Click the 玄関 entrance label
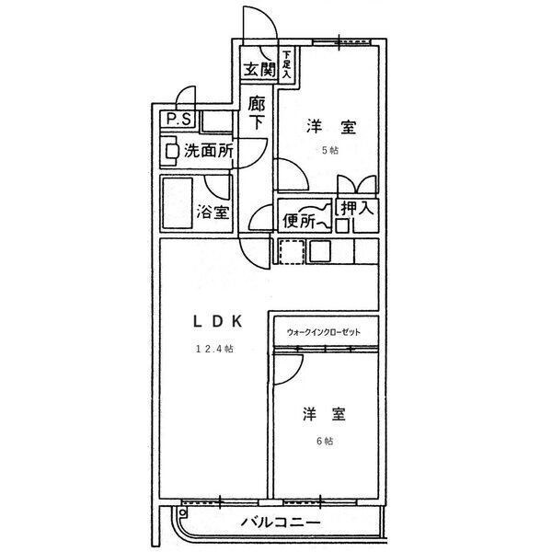coord(259,69)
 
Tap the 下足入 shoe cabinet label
coord(287,64)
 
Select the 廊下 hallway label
coord(256,112)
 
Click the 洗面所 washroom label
coord(209,151)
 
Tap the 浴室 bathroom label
coord(213,212)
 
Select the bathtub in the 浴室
coord(178,203)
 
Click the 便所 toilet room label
coord(299,221)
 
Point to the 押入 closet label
coord(357,208)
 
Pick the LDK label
coord(218,321)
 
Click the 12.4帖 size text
coord(214,349)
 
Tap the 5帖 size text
coord(330,150)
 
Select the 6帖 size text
coord(325,441)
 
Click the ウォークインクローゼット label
coord(324,332)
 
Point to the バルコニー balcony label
coord(281,522)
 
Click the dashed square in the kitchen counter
coord(292,252)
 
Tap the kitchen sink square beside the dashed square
coord(319,251)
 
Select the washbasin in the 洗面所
coord(171,152)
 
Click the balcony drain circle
coord(182,512)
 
